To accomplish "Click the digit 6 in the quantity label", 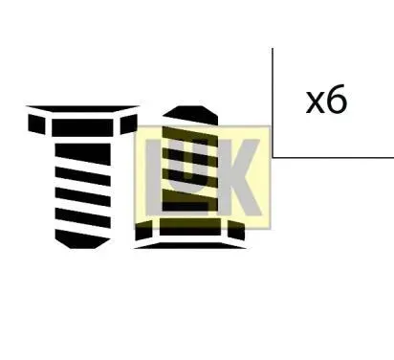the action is [336, 101].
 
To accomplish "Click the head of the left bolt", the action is [80, 124].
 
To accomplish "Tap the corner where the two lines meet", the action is [273, 156].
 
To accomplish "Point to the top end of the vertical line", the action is [273, 50].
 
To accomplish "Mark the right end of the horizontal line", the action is [391, 156].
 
